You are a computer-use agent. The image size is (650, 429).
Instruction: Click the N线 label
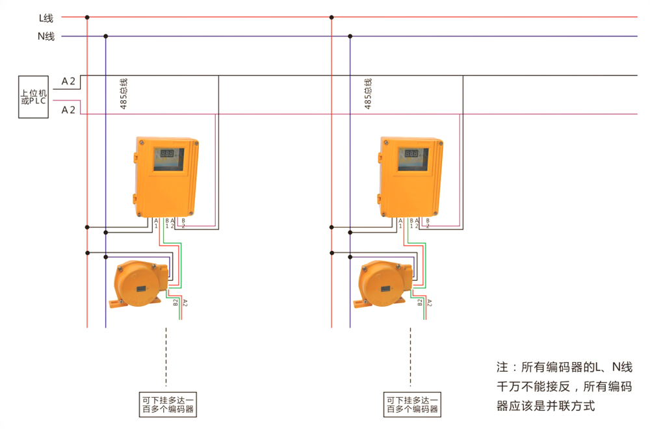pyautogui.click(x=45, y=36)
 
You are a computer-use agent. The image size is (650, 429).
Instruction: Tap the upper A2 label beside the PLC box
pyautogui.click(x=68, y=81)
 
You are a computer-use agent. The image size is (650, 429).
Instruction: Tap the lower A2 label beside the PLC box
pyautogui.click(x=68, y=110)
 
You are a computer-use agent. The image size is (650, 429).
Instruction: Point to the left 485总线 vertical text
pyautogui.click(x=123, y=94)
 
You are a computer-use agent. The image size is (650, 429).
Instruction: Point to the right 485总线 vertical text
pyautogui.click(x=368, y=94)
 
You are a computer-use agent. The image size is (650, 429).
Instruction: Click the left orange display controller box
pyautogui.click(x=166, y=176)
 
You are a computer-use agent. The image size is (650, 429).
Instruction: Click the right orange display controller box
pyautogui.click(x=410, y=176)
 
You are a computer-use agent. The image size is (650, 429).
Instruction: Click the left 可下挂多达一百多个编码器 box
pyautogui.click(x=168, y=404)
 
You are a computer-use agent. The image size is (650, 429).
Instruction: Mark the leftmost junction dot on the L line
pyautogui.click(x=87, y=18)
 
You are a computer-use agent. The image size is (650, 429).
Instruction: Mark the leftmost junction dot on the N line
pyautogui.click(x=105, y=36)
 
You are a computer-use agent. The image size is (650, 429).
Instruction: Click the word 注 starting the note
pyautogui.click(x=501, y=367)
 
